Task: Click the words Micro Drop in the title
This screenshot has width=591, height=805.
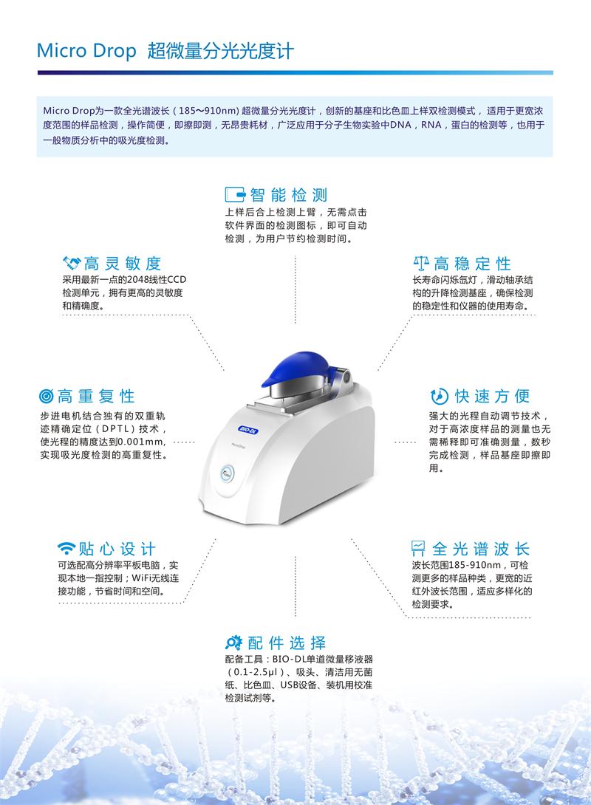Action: [86, 51]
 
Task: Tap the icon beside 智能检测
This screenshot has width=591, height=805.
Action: [234, 195]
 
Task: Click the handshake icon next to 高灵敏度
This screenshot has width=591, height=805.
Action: [72, 263]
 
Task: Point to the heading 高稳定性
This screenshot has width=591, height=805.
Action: [472, 264]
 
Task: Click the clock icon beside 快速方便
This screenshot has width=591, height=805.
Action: [439, 395]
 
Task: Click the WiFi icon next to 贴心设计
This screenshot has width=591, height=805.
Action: [66, 549]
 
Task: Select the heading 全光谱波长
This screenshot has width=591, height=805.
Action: [481, 549]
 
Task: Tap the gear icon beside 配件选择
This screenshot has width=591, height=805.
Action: [233, 642]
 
